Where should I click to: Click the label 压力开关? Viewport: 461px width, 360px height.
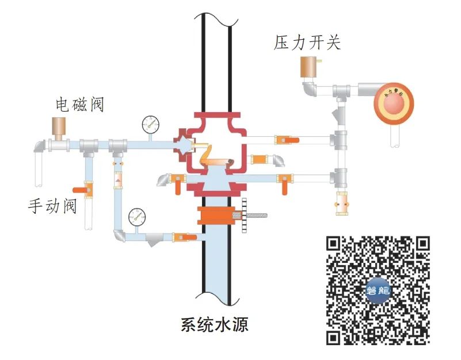point(308,43)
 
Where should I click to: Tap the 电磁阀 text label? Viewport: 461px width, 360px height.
point(79,105)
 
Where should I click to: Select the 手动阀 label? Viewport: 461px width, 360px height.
point(52,205)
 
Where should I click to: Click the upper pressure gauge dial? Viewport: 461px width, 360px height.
point(151,123)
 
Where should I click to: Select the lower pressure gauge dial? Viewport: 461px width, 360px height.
point(137,216)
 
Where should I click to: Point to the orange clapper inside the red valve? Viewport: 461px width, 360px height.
point(215,164)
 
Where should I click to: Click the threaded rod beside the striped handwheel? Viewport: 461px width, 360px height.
point(260,216)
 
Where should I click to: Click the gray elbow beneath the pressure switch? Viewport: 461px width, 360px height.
point(310,90)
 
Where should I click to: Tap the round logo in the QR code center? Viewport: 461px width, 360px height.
point(378,290)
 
